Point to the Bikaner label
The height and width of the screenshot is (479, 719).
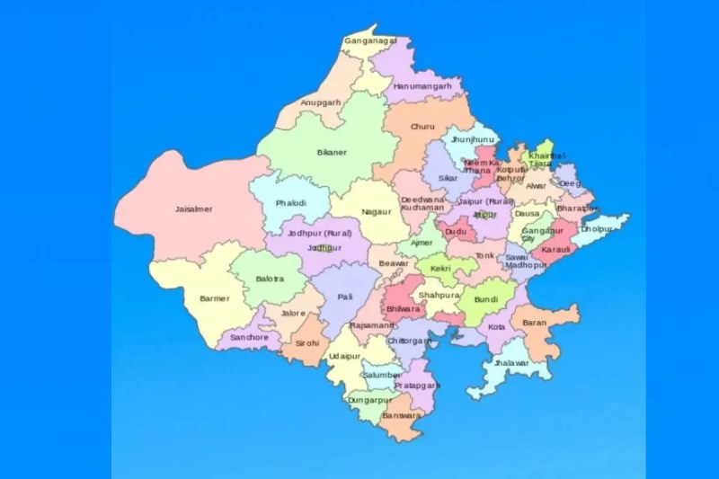[x=332, y=153]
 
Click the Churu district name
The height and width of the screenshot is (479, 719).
[x=422, y=127]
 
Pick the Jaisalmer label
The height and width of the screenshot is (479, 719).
[x=193, y=209]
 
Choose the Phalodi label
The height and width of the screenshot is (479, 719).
[x=291, y=203]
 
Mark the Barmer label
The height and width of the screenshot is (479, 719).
[x=215, y=297]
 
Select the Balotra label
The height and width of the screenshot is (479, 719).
[x=270, y=279]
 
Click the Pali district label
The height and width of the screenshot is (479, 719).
[x=345, y=297]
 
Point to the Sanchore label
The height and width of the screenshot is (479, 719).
[x=249, y=337]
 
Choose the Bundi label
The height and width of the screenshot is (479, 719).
[x=485, y=297]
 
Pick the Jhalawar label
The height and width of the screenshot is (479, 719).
[x=511, y=364]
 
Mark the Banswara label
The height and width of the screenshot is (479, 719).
[x=400, y=415]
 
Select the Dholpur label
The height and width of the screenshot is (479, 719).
[x=595, y=228]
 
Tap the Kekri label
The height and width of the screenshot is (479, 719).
[x=440, y=268]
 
